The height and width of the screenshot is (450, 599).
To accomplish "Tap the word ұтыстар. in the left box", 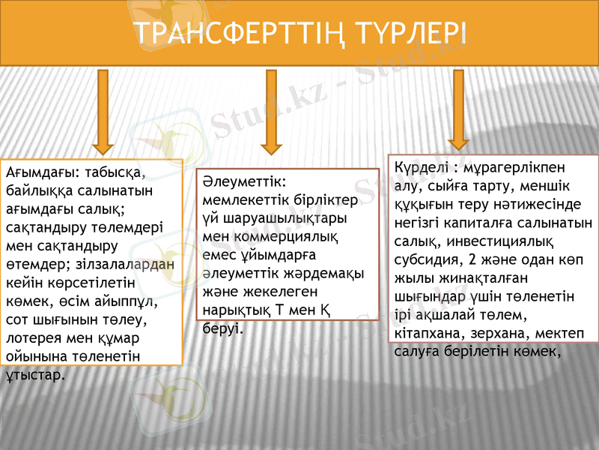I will click(x=34, y=373).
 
